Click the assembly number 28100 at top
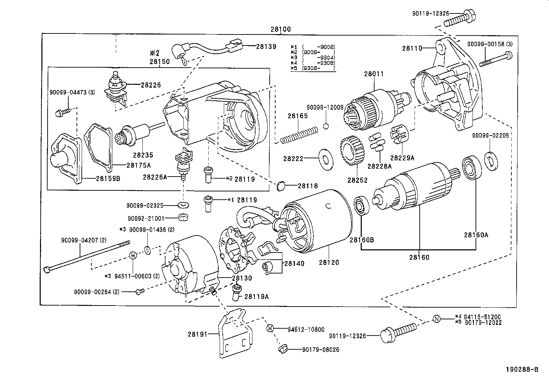click(280, 29)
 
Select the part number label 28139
click(266, 46)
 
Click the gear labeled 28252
click(352, 151)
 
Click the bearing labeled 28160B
click(361, 206)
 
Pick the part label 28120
click(329, 262)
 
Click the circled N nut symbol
click(437, 319)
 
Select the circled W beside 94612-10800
click(270, 328)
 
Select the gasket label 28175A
click(138, 165)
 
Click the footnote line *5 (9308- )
click(313, 68)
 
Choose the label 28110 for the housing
click(412, 49)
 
